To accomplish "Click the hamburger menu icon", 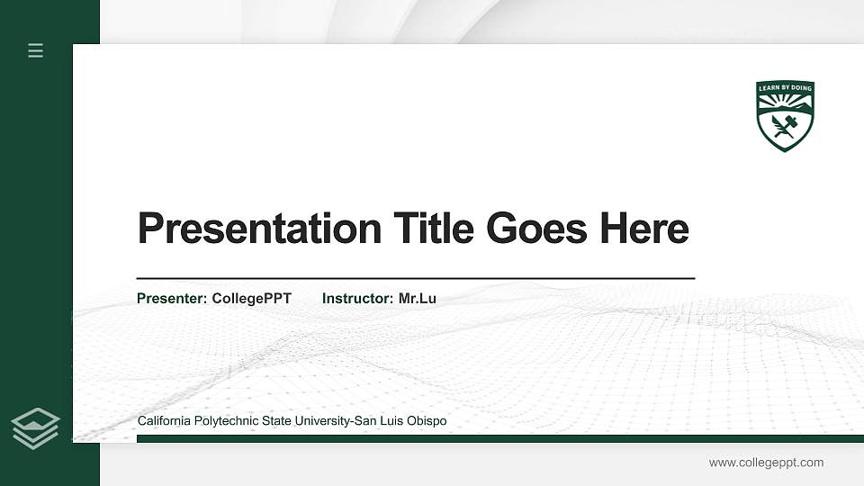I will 35,50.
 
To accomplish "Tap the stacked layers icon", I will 35,427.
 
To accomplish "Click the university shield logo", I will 785,115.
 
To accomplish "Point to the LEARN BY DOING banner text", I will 785,88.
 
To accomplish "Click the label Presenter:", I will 172,299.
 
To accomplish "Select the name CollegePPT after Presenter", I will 251,299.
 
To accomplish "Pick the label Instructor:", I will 358,299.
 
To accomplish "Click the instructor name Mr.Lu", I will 418,299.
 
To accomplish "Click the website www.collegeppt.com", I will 766,463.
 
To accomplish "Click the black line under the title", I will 415,279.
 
